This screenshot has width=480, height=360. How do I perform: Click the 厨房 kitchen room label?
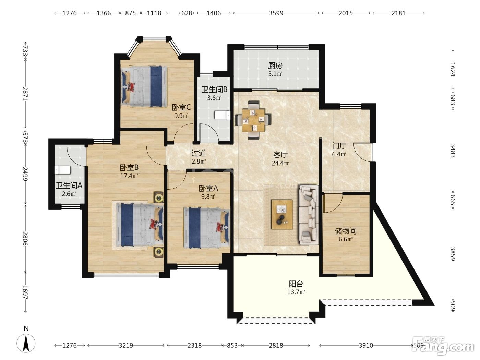pos(275,65)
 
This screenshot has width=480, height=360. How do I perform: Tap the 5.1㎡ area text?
pos(275,74)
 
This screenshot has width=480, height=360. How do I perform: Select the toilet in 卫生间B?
pos(223,116)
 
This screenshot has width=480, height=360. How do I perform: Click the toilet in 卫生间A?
pos(62,170)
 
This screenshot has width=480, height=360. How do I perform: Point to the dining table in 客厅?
pos(253,120)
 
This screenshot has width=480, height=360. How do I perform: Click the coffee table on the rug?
pos(282,214)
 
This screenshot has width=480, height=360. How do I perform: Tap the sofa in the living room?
pos(308,215)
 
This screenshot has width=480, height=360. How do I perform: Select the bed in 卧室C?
pos(144,86)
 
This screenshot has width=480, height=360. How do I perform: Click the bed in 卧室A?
pos(207,228)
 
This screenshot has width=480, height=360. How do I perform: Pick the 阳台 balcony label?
pos(296,284)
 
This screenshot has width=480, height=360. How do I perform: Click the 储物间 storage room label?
pos(346,231)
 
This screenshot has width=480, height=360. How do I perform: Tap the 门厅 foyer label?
pos(339,146)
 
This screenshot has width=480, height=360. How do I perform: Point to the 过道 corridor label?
pos(199,153)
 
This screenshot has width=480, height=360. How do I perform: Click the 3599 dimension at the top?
pos(276,13)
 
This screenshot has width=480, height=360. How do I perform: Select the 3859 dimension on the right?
pos(453,254)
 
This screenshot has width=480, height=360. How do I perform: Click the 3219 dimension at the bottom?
pos(126,345)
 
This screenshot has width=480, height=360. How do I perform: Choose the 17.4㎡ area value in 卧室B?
pos(129,176)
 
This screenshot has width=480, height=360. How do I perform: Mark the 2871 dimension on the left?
pos(25,94)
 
